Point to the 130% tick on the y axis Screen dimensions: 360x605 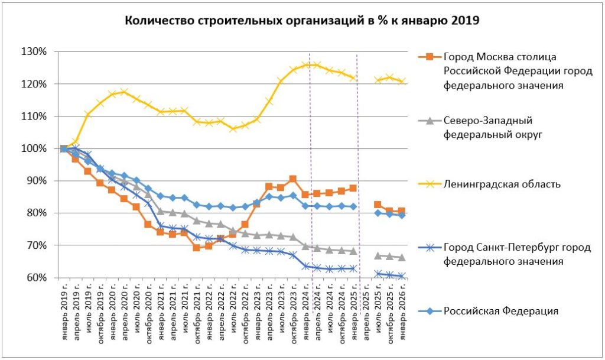tap(35, 51)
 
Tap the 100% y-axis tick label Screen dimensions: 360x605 tap(35, 148)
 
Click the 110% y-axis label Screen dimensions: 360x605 tap(35, 116)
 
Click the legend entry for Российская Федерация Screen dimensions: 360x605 tap(500, 310)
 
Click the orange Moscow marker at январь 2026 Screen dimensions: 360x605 tap(402, 211)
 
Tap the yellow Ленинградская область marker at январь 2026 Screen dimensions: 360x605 tap(402, 82)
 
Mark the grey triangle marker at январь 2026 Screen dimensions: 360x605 tap(402, 257)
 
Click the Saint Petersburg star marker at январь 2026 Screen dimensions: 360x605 tap(402, 275)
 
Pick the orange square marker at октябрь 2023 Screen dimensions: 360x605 tap(293, 179)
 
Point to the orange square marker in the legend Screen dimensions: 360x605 tap(430, 57)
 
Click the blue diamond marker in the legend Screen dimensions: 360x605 tap(430, 310)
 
